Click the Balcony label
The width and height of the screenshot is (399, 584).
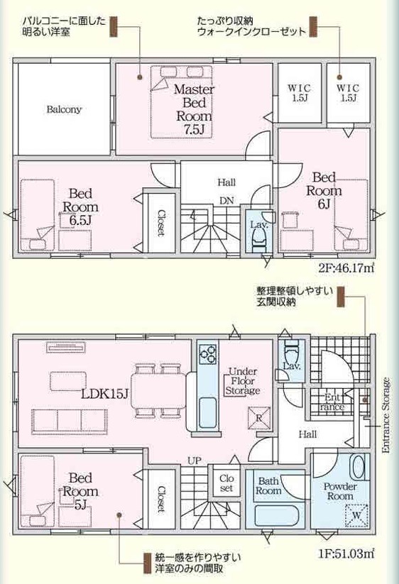64,109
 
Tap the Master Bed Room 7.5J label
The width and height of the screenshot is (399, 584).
194,109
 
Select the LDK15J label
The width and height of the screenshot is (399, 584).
105,394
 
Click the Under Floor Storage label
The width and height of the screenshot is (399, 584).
243,381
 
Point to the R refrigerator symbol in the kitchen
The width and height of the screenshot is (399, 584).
259,417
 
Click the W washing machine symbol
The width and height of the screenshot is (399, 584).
356,515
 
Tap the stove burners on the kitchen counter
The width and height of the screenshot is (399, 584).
207,353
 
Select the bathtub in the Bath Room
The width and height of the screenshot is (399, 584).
276,516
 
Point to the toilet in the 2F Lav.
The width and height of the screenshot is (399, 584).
258,238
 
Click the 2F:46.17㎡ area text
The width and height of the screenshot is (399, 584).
346,268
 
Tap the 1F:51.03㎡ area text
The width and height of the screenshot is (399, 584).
346,553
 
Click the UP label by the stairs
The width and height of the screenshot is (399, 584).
195,461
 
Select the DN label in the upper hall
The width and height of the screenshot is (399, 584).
226,201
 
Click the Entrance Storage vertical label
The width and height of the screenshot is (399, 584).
386,415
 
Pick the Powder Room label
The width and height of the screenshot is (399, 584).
340,491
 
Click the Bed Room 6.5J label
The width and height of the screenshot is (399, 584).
80,207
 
